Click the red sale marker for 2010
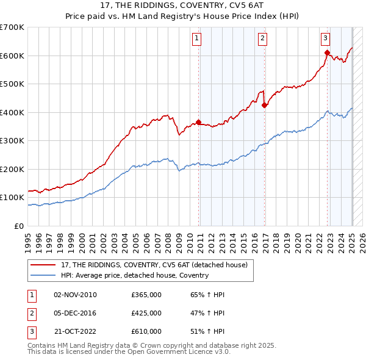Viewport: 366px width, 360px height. coord(199,122)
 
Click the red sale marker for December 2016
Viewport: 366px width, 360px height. coord(264,106)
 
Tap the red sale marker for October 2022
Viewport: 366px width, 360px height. coord(328,52)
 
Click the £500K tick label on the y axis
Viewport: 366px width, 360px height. coord(12,84)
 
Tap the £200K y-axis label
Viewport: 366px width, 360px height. coord(12,169)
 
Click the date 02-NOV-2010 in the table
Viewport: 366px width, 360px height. coord(75,295)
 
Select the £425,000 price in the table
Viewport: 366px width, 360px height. coord(146,313)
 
